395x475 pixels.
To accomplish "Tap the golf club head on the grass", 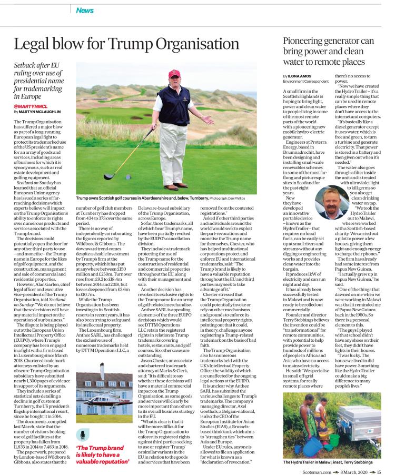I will pos(109,176).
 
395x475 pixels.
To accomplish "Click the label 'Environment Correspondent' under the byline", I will pos(305,82).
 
